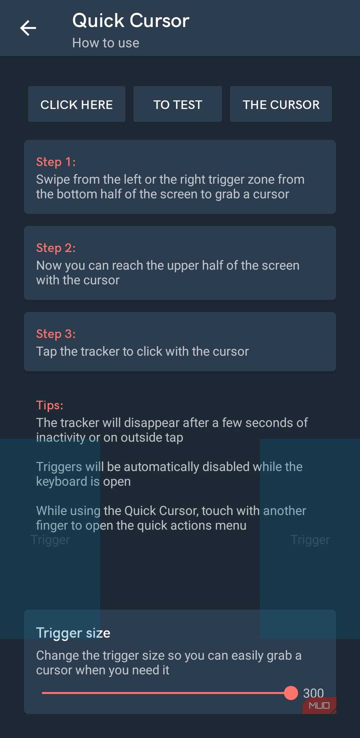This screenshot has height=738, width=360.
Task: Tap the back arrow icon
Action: coord(28,28)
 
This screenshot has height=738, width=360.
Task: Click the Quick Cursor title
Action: coord(130,21)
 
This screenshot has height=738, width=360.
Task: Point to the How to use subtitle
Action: coord(106,43)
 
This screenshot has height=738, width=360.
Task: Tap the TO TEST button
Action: coord(177,104)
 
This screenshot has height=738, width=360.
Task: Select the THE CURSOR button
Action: coord(281,104)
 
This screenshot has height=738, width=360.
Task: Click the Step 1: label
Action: coord(56,162)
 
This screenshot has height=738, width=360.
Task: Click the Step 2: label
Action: coord(56,247)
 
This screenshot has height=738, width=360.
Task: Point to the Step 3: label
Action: coord(56,333)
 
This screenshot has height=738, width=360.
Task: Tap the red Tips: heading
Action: coord(49,405)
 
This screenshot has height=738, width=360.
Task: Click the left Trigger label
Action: coord(50,540)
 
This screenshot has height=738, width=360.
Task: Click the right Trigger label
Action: coord(310,540)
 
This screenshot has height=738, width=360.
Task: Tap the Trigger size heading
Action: coord(73,633)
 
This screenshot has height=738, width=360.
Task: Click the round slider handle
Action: coord(291,693)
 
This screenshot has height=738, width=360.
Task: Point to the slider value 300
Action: coord(313,693)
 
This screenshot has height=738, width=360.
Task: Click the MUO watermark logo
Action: coord(319,706)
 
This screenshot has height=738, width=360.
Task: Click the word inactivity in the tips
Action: coord(61,438)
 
